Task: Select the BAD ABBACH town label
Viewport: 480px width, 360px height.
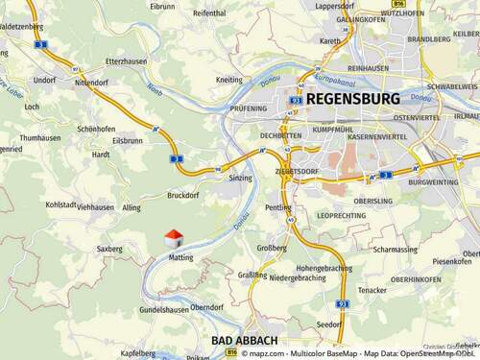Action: pyautogui.click(x=244, y=341)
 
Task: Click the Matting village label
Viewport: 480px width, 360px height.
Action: pyautogui.click(x=180, y=257)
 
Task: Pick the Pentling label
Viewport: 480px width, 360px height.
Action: pyautogui.click(x=277, y=207)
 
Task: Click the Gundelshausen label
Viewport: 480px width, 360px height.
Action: pyautogui.click(x=164, y=310)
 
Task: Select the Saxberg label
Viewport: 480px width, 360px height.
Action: pyautogui.click(x=109, y=249)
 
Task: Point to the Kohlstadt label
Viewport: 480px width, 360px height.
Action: pyautogui.click(x=60, y=204)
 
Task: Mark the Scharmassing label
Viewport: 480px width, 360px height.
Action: pyautogui.click(x=396, y=249)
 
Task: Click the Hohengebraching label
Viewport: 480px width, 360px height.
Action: pyautogui.click(x=324, y=268)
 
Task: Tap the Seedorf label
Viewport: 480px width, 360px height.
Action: pyautogui.click(x=328, y=324)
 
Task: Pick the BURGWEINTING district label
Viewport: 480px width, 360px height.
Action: pyautogui.click(x=433, y=181)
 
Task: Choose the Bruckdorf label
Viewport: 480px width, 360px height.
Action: pyautogui.click(x=181, y=195)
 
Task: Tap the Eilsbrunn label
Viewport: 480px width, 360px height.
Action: pyautogui.click(x=127, y=140)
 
